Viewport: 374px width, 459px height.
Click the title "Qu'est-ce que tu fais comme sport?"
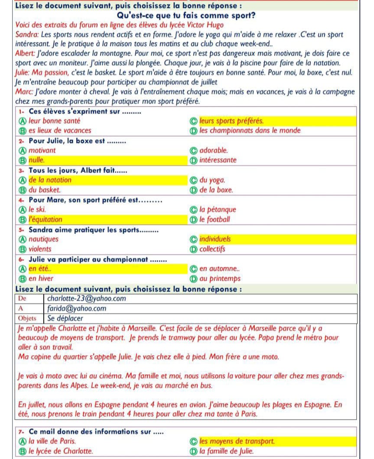pos(186,16)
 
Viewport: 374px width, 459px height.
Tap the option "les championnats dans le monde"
pos(250,130)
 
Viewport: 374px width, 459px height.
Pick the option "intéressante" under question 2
pos(218,160)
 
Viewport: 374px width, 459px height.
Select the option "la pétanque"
pos(218,210)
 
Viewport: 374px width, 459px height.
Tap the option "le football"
pos(215,220)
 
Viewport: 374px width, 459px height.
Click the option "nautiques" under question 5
pos(43,239)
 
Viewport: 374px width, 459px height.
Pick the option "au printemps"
pos(220,279)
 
